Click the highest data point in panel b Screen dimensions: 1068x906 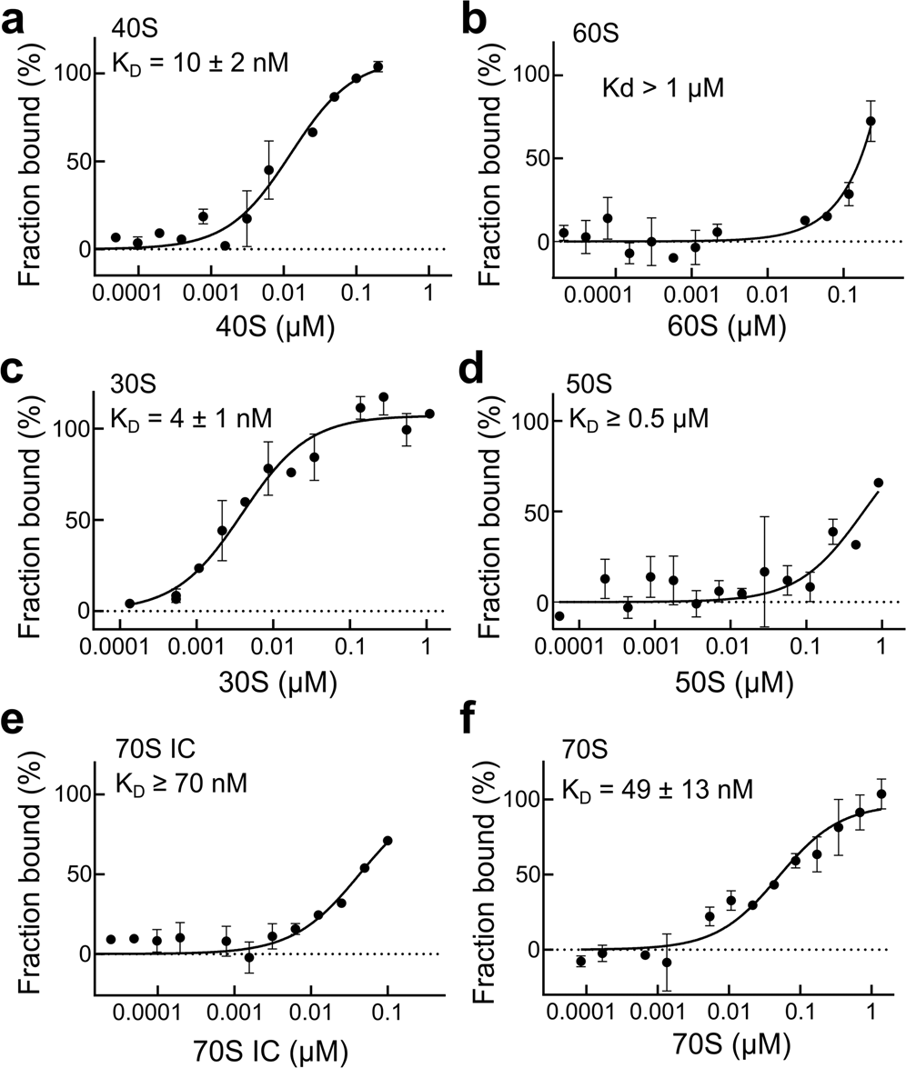coord(871,121)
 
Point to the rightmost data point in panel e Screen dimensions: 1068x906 coord(388,841)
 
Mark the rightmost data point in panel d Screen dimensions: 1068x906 coord(879,483)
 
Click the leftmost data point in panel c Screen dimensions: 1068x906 coord(130,604)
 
